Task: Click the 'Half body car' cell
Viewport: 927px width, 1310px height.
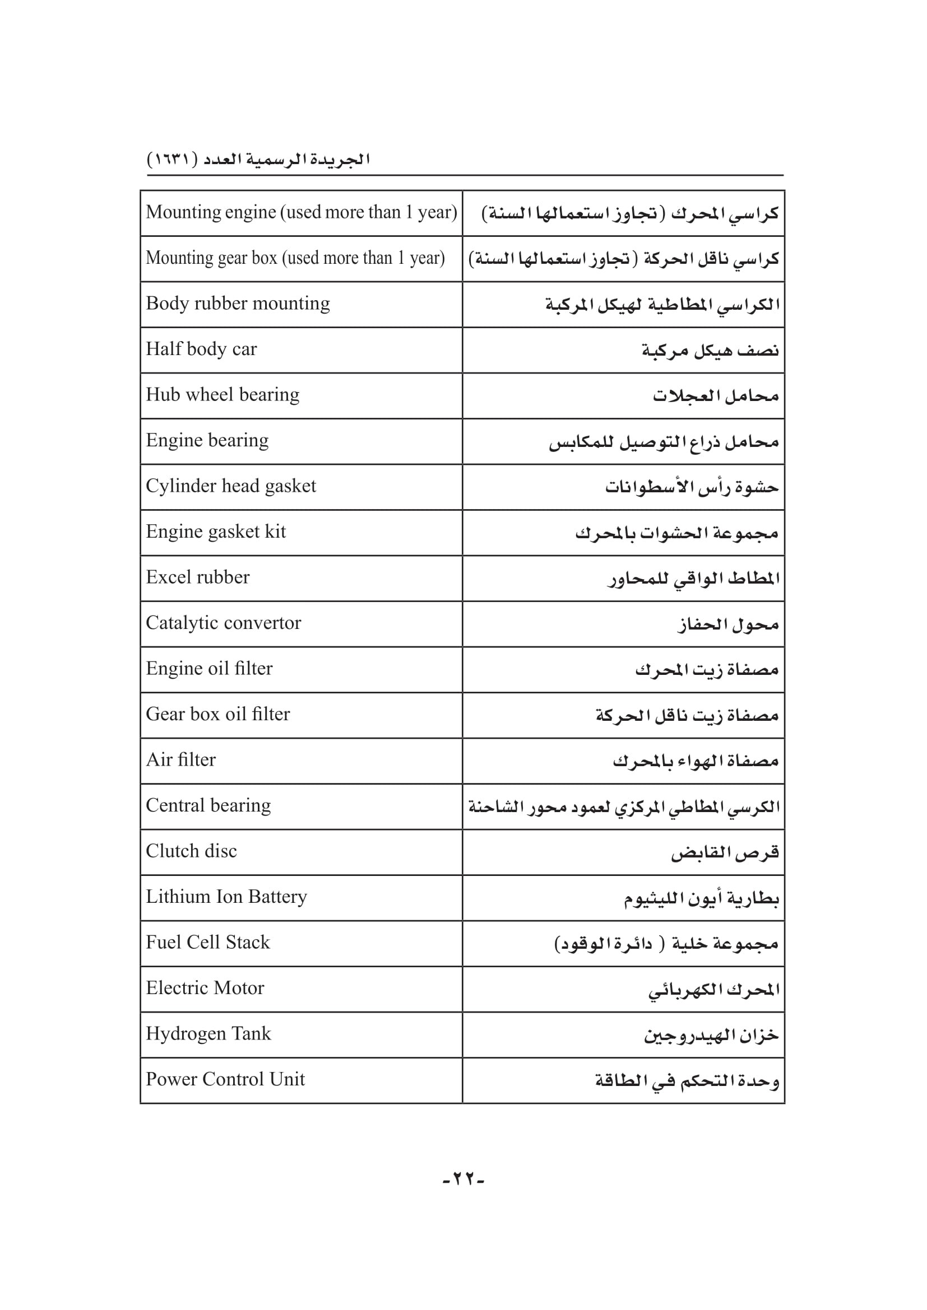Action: click(202, 349)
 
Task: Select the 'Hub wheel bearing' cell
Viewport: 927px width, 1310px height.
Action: click(223, 395)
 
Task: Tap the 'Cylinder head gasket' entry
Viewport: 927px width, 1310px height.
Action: click(230, 486)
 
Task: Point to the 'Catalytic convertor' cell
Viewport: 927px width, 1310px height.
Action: click(223, 623)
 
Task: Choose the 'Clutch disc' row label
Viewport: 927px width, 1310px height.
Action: click(191, 851)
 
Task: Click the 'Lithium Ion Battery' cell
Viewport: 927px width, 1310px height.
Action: click(226, 897)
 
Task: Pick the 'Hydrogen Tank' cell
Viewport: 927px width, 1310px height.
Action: click(208, 1034)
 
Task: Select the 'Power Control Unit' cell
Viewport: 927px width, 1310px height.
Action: click(225, 1079)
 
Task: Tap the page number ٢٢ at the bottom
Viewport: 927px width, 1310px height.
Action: click(463, 1179)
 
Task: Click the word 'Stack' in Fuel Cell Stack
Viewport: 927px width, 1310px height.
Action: click(248, 943)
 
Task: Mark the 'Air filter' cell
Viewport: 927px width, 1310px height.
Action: click(181, 760)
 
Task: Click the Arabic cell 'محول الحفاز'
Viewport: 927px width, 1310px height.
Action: click(729, 624)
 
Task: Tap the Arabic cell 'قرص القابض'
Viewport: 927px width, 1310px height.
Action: click(725, 852)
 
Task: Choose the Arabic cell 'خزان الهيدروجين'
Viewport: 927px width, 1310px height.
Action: click(711, 1035)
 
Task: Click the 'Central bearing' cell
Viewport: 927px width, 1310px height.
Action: click(208, 805)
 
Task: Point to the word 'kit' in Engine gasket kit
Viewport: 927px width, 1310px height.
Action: click(275, 532)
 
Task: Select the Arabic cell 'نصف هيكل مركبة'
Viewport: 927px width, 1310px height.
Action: click(710, 350)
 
